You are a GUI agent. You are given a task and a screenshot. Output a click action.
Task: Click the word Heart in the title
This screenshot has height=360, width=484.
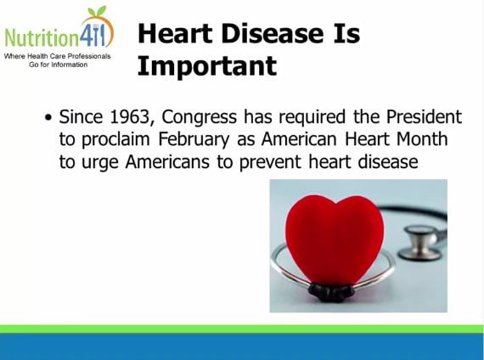(175, 33)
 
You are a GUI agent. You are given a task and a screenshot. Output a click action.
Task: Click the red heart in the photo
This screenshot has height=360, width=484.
(334, 237)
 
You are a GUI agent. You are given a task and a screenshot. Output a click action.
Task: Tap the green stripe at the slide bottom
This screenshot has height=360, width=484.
(242, 328)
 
